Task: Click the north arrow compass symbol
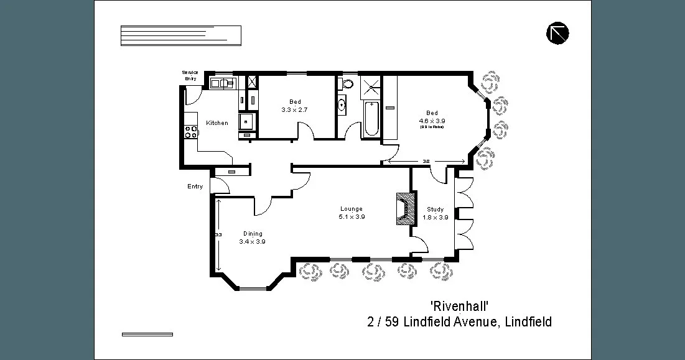557,33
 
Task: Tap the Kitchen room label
217,123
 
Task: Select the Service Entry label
190,75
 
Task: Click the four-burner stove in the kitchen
190,132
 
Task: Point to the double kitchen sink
221,83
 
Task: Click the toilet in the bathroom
347,83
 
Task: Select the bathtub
371,119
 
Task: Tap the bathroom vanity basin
342,105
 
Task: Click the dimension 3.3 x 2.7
294,109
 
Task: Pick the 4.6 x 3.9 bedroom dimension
432,121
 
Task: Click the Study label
435,210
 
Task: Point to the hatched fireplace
404,210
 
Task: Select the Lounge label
351,209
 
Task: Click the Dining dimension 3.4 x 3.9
252,242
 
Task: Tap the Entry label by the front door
195,187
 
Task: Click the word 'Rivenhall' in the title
459,307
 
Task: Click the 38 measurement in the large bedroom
426,162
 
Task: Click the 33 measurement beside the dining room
218,234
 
